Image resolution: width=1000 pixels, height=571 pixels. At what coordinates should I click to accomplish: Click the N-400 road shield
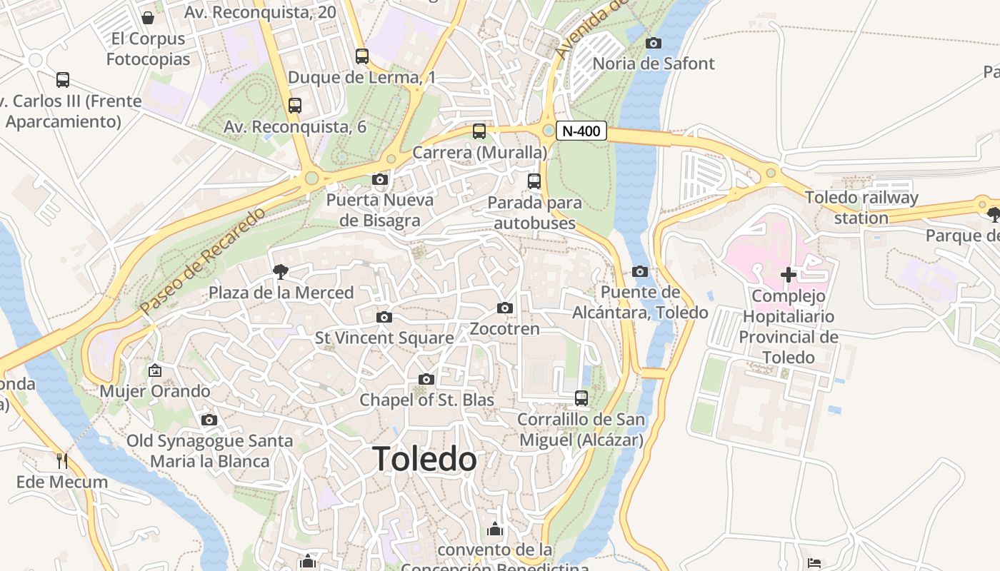coord(581,131)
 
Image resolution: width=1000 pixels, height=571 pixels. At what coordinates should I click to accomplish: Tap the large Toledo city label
coord(424,459)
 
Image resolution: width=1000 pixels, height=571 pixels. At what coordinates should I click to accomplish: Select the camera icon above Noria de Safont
coord(653,43)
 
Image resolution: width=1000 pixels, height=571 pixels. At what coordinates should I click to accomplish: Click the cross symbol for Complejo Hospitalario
coord(789,275)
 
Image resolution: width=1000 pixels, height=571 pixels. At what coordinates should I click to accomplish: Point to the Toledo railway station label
coord(861,208)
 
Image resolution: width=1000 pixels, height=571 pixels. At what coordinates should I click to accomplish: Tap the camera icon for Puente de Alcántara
coord(640,271)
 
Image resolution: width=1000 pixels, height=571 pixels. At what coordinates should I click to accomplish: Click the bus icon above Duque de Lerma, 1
coord(362,56)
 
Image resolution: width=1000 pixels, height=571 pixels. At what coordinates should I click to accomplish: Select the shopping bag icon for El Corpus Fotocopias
coord(148,17)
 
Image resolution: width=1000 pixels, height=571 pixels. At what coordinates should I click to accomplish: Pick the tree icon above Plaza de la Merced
coord(280,271)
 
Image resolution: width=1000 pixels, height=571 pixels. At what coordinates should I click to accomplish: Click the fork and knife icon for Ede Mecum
coord(62,460)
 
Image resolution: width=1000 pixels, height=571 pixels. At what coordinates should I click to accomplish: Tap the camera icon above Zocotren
coord(505,308)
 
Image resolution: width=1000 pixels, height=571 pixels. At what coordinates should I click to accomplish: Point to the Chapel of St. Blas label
coord(426,400)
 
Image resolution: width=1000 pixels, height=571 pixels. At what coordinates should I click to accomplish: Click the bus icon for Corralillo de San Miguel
coord(581,398)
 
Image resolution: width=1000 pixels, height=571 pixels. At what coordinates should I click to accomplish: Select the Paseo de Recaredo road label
coord(202,261)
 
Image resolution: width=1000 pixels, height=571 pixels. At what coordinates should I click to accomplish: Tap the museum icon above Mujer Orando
coord(154,370)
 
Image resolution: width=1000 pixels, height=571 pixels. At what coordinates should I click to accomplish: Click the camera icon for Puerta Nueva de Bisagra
coord(380,179)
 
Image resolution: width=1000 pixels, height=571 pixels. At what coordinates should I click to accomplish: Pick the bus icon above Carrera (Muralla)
coord(479,131)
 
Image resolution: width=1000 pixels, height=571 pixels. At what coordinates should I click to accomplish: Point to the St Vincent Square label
coord(384,338)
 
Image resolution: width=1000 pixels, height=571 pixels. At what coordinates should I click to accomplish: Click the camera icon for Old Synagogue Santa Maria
coord(209,420)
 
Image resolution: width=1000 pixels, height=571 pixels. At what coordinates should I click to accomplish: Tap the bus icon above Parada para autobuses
coord(534,181)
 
